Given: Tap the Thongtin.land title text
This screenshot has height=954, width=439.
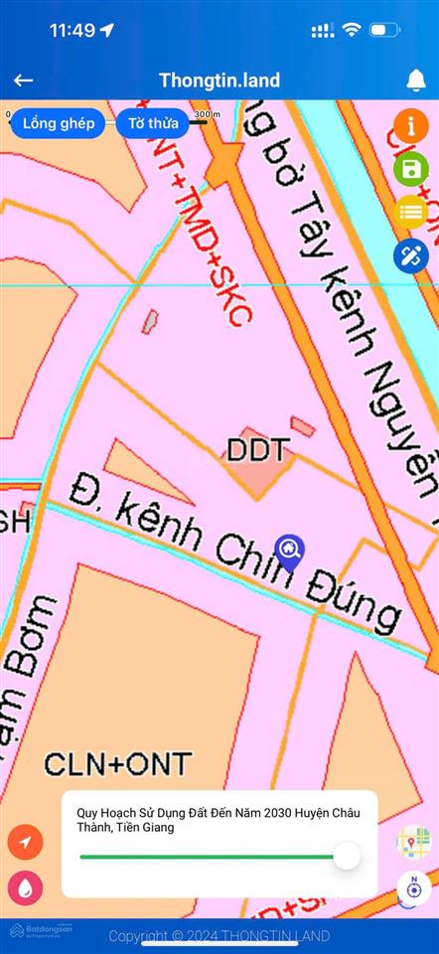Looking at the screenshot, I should pyautogui.click(x=219, y=80).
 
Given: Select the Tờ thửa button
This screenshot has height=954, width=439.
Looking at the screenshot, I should pyautogui.click(x=154, y=123).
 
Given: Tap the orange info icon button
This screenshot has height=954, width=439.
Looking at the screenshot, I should pyautogui.click(x=411, y=126).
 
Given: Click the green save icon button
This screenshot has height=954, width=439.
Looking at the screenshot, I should pyautogui.click(x=411, y=168).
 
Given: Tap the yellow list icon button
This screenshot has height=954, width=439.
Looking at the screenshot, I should pyautogui.click(x=411, y=211).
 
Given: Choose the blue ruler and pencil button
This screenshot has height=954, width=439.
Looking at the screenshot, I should pyautogui.click(x=411, y=255).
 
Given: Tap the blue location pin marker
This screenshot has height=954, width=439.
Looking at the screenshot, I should pyautogui.click(x=289, y=551).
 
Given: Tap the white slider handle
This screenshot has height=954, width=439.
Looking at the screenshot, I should pyautogui.click(x=347, y=856).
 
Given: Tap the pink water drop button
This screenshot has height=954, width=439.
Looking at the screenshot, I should pyautogui.click(x=25, y=887).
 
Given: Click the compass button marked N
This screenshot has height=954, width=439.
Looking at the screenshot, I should pyautogui.click(x=414, y=886).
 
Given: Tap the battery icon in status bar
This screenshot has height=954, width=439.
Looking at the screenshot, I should pyautogui.click(x=385, y=30).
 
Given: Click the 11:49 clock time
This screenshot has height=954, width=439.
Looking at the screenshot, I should pyautogui.click(x=72, y=30).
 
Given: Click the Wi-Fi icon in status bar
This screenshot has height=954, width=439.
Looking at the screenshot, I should pyautogui.click(x=351, y=30).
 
